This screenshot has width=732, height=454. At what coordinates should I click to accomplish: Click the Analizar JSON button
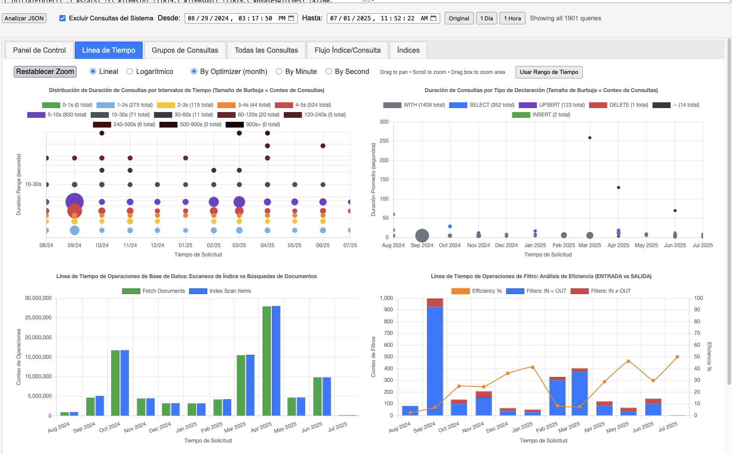click(x=24, y=18)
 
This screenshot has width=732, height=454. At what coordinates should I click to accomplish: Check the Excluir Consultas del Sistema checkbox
click(x=62, y=18)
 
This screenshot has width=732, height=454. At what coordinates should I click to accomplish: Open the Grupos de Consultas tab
click(x=185, y=50)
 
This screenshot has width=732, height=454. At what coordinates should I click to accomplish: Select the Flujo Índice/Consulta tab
click(x=347, y=50)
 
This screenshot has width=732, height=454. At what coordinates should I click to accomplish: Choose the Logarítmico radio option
click(x=130, y=71)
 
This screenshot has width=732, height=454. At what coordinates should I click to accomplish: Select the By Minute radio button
click(x=279, y=71)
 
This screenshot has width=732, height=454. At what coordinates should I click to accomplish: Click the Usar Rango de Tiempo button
click(x=549, y=72)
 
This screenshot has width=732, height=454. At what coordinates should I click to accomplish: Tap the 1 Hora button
click(x=512, y=18)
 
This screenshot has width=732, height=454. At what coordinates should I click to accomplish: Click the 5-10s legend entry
click(x=57, y=115)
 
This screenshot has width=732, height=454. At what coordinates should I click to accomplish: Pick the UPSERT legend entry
click(x=552, y=105)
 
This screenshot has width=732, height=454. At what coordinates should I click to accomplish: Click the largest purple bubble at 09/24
click(x=74, y=202)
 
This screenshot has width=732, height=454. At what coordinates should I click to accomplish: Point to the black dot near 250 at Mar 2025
click(x=590, y=138)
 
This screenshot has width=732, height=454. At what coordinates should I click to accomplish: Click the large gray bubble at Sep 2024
click(x=422, y=236)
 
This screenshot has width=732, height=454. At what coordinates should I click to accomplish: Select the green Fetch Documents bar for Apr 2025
click(x=267, y=361)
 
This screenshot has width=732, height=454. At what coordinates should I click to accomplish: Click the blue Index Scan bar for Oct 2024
click(x=124, y=383)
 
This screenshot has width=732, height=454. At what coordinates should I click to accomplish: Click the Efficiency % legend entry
click(x=476, y=291)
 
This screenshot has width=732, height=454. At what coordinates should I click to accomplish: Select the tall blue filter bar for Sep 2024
click(x=435, y=361)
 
